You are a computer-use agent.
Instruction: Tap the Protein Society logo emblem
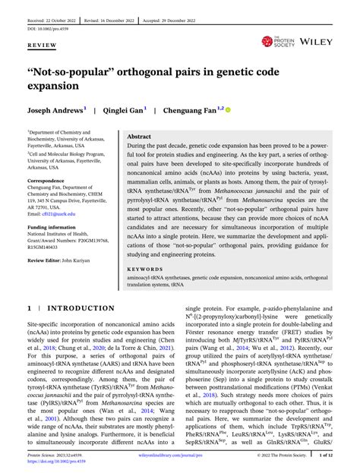pyautogui.click(x=267, y=42)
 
